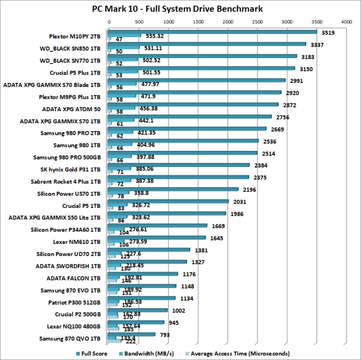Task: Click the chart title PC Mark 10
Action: (x=180, y=9)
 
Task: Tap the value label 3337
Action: (x=316, y=44)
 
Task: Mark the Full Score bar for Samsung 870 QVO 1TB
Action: (x=132, y=335)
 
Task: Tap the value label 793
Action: (x=165, y=335)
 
